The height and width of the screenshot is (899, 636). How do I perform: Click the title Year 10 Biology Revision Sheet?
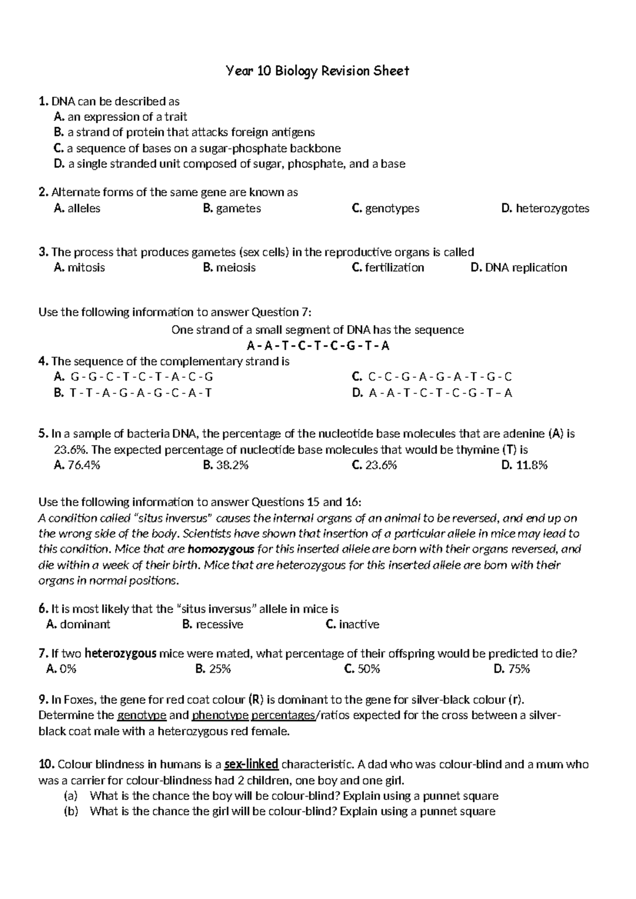pyautogui.click(x=317, y=71)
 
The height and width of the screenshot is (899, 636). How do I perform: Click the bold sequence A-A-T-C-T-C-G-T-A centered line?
pyautogui.click(x=318, y=346)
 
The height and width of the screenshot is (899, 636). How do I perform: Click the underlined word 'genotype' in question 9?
pyautogui.click(x=142, y=716)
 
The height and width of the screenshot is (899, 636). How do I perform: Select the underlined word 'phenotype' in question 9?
pyautogui.click(x=220, y=716)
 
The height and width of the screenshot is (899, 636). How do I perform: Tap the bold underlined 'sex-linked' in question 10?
pyautogui.click(x=251, y=764)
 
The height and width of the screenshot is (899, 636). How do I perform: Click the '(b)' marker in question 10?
pyautogui.click(x=70, y=811)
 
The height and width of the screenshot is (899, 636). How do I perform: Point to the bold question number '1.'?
pyautogui.click(x=43, y=101)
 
